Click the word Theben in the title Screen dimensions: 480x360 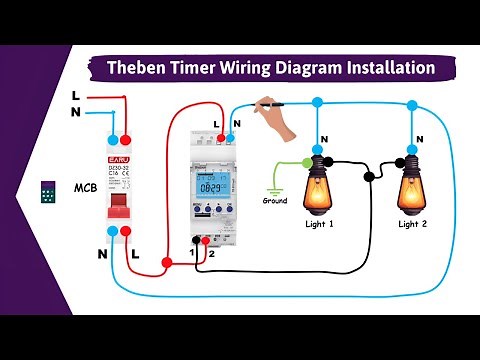[x=141, y=68]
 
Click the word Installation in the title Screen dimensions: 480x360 [x=384, y=68]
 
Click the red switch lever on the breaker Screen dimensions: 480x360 [x=120, y=202]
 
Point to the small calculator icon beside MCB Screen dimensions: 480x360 [x=47, y=193]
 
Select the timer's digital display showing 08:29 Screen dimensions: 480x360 [x=211, y=187]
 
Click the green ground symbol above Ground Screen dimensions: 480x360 [x=272, y=184]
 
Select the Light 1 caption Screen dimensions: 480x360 [x=319, y=224]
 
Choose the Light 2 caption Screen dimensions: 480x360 [x=413, y=224]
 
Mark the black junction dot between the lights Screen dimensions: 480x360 [x=369, y=179]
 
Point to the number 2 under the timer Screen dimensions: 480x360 [x=211, y=255]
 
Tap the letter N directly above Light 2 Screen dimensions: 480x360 [x=412, y=138]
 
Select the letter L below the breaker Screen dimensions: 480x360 [x=136, y=255]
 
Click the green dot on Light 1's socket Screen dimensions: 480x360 [x=306, y=160]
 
